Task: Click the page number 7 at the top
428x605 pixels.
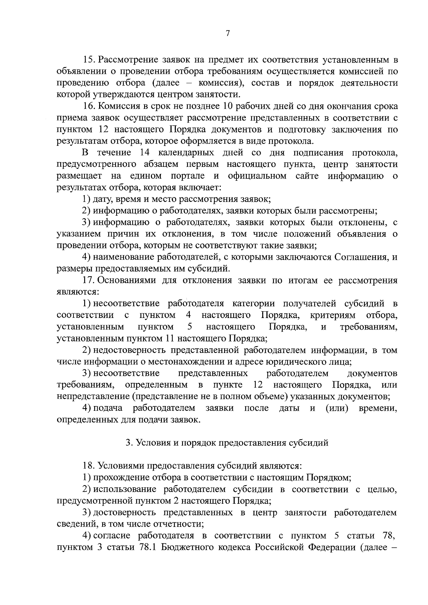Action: [228, 34]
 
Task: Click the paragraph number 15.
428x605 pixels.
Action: [88, 59]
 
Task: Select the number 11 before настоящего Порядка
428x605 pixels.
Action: [169, 338]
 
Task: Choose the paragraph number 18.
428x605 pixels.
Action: [88, 466]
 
